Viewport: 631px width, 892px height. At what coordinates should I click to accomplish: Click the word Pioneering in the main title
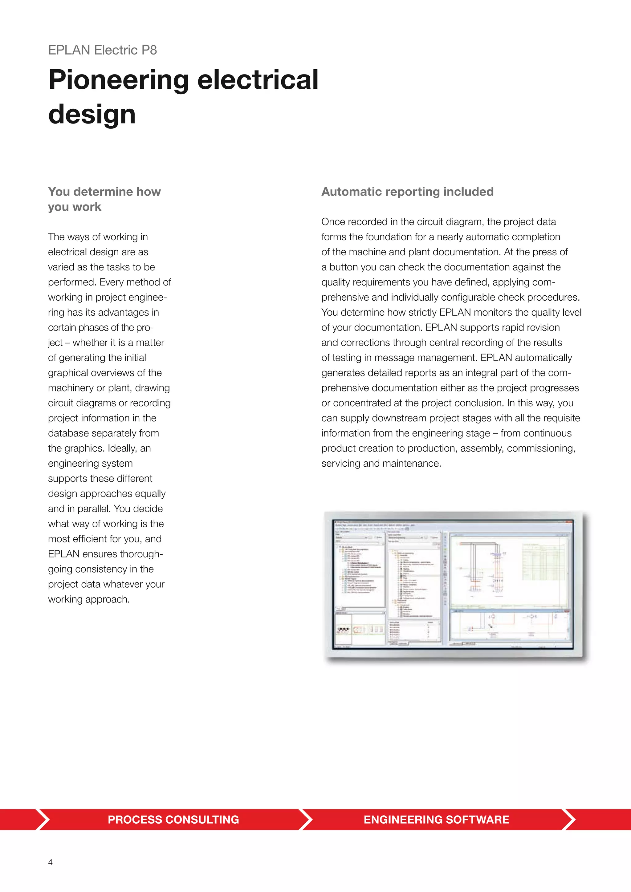(x=119, y=80)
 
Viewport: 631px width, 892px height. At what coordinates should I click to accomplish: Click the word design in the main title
(x=92, y=114)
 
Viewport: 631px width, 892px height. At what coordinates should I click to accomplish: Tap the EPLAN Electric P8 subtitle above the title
(x=103, y=50)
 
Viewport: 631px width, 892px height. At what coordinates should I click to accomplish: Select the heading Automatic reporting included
(x=407, y=192)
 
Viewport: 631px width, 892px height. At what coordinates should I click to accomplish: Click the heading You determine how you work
(x=104, y=199)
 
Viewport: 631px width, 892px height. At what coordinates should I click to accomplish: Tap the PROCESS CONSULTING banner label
(x=173, y=819)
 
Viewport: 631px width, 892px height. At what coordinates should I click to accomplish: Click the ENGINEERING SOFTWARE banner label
(x=436, y=819)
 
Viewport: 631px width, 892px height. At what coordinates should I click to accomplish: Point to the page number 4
(x=50, y=862)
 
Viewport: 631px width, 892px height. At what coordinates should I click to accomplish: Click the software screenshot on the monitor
(x=453, y=585)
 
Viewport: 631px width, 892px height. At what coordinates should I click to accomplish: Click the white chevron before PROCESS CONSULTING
(x=43, y=819)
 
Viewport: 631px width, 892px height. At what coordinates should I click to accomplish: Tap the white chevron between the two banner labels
(x=306, y=819)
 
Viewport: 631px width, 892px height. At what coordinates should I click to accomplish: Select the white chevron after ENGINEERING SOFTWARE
(x=569, y=819)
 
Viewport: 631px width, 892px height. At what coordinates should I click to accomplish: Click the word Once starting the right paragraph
(x=333, y=222)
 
